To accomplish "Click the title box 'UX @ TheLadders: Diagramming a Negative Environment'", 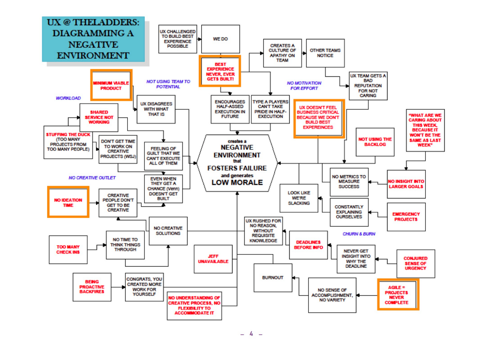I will pyautogui.click(x=93, y=40).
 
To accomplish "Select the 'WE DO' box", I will pyautogui.click(x=220, y=40).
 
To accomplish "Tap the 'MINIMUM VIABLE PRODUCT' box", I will pyautogui.click(x=111, y=86).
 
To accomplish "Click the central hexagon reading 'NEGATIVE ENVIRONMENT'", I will pyautogui.click(x=236, y=163).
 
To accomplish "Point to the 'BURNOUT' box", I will pyautogui.click(x=273, y=278).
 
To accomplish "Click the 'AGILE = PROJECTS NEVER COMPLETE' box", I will pyautogui.click(x=397, y=295).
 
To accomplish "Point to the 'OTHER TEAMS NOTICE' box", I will pyautogui.click(x=325, y=53).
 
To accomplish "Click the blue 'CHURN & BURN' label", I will pyautogui.click(x=359, y=234).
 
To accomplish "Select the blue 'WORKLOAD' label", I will pyautogui.click(x=68, y=98).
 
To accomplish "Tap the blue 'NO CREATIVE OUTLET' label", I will pyautogui.click(x=91, y=178).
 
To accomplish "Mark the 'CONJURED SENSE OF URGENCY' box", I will pyautogui.click(x=415, y=263).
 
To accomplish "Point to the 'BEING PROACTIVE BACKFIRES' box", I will pyautogui.click(x=91, y=286).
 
